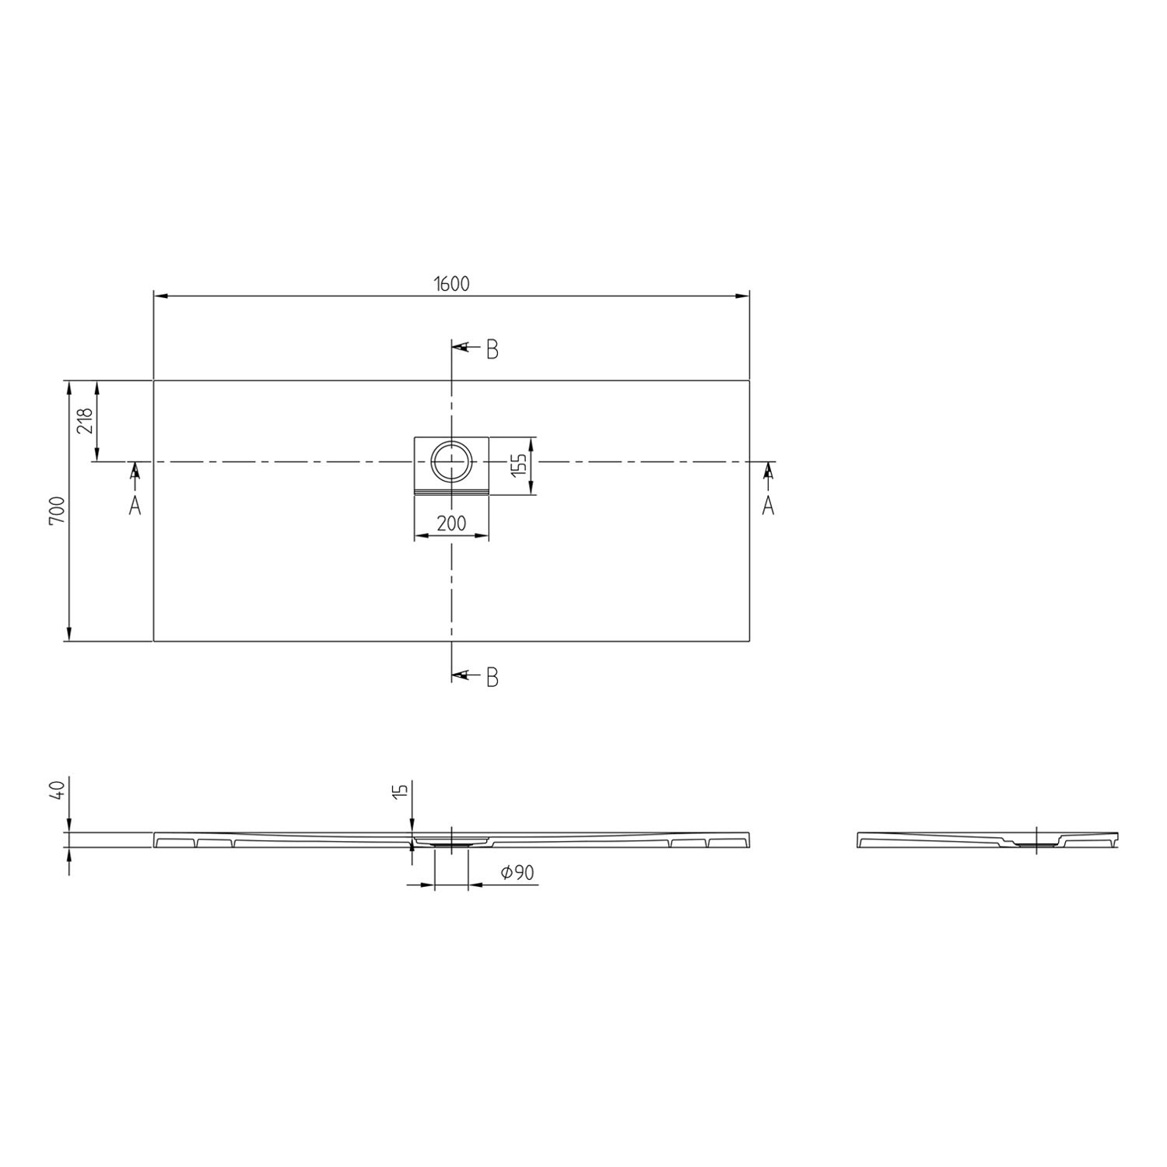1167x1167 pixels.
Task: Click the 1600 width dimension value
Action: (x=451, y=284)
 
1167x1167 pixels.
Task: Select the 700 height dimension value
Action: (x=58, y=511)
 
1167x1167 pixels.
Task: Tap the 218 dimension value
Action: (x=85, y=421)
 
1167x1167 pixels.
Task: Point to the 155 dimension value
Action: (x=520, y=464)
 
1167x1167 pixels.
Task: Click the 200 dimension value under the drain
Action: (x=451, y=524)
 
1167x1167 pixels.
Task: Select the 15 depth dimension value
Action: (x=401, y=792)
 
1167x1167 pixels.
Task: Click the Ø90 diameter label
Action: (x=517, y=874)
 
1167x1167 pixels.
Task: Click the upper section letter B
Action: (x=492, y=350)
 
